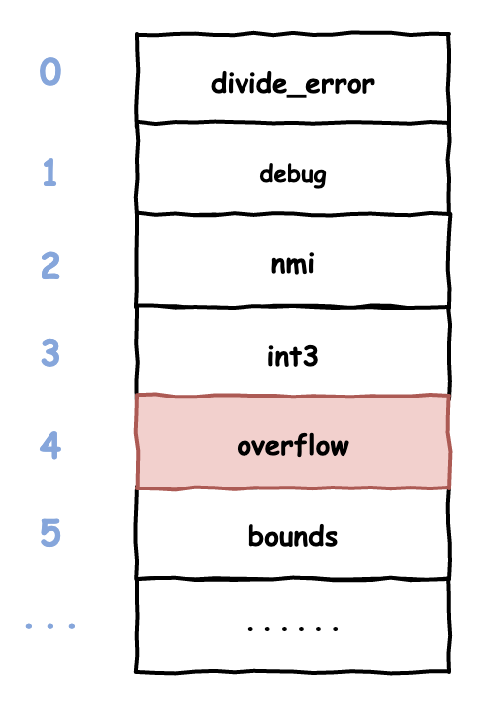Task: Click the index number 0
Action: point(50,72)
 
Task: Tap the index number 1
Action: point(49,172)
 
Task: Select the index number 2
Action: point(50,265)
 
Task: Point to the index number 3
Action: point(50,353)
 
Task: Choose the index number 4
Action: point(50,445)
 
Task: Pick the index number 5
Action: point(50,533)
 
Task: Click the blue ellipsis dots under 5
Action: point(50,626)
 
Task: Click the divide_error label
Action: point(292,83)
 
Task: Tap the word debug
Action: point(292,174)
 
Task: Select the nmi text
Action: point(292,264)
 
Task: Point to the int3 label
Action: point(292,356)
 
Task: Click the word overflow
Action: point(293,445)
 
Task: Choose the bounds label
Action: point(293,536)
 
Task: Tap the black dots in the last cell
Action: point(293,628)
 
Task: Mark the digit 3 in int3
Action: point(310,356)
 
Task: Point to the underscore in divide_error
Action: point(295,94)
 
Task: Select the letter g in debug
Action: point(319,177)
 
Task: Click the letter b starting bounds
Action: point(255,536)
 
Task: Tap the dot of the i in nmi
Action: point(309,256)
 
